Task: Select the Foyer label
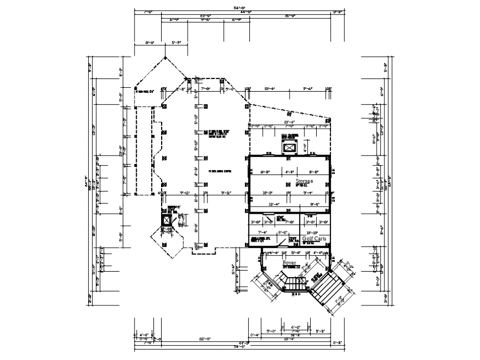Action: (x=290, y=263)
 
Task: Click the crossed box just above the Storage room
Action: (x=289, y=147)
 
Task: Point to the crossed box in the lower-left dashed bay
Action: (x=166, y=220)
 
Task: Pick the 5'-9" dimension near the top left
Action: (x=177, y=42)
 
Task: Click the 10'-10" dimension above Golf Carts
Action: (x=312, y=232)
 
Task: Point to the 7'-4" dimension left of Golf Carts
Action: (x=263, y=232)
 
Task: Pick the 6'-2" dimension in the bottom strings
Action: (x=296, y=327)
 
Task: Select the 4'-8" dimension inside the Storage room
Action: (x=291, y=171)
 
